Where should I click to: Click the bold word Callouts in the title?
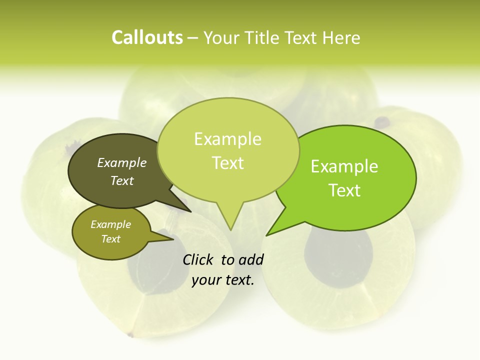(x=147, y=37)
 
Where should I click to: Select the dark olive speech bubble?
(x=115, y=172)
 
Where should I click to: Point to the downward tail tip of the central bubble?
(x=230, y=230)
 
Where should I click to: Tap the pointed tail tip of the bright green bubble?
(x=266, y=235)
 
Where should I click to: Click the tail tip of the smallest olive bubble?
(x=173, y=239)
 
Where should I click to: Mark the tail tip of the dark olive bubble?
(x=191, y=212)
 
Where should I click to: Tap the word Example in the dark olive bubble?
(x=122, y=162)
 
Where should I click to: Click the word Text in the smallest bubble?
(x=111, y=239)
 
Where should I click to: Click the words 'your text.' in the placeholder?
(x=223, y=280)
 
